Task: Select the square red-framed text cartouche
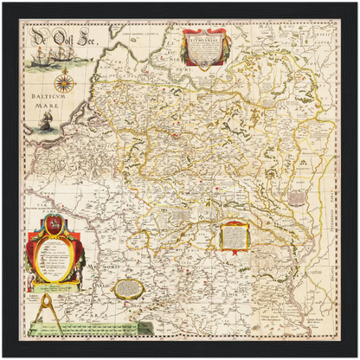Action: [234, 235]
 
